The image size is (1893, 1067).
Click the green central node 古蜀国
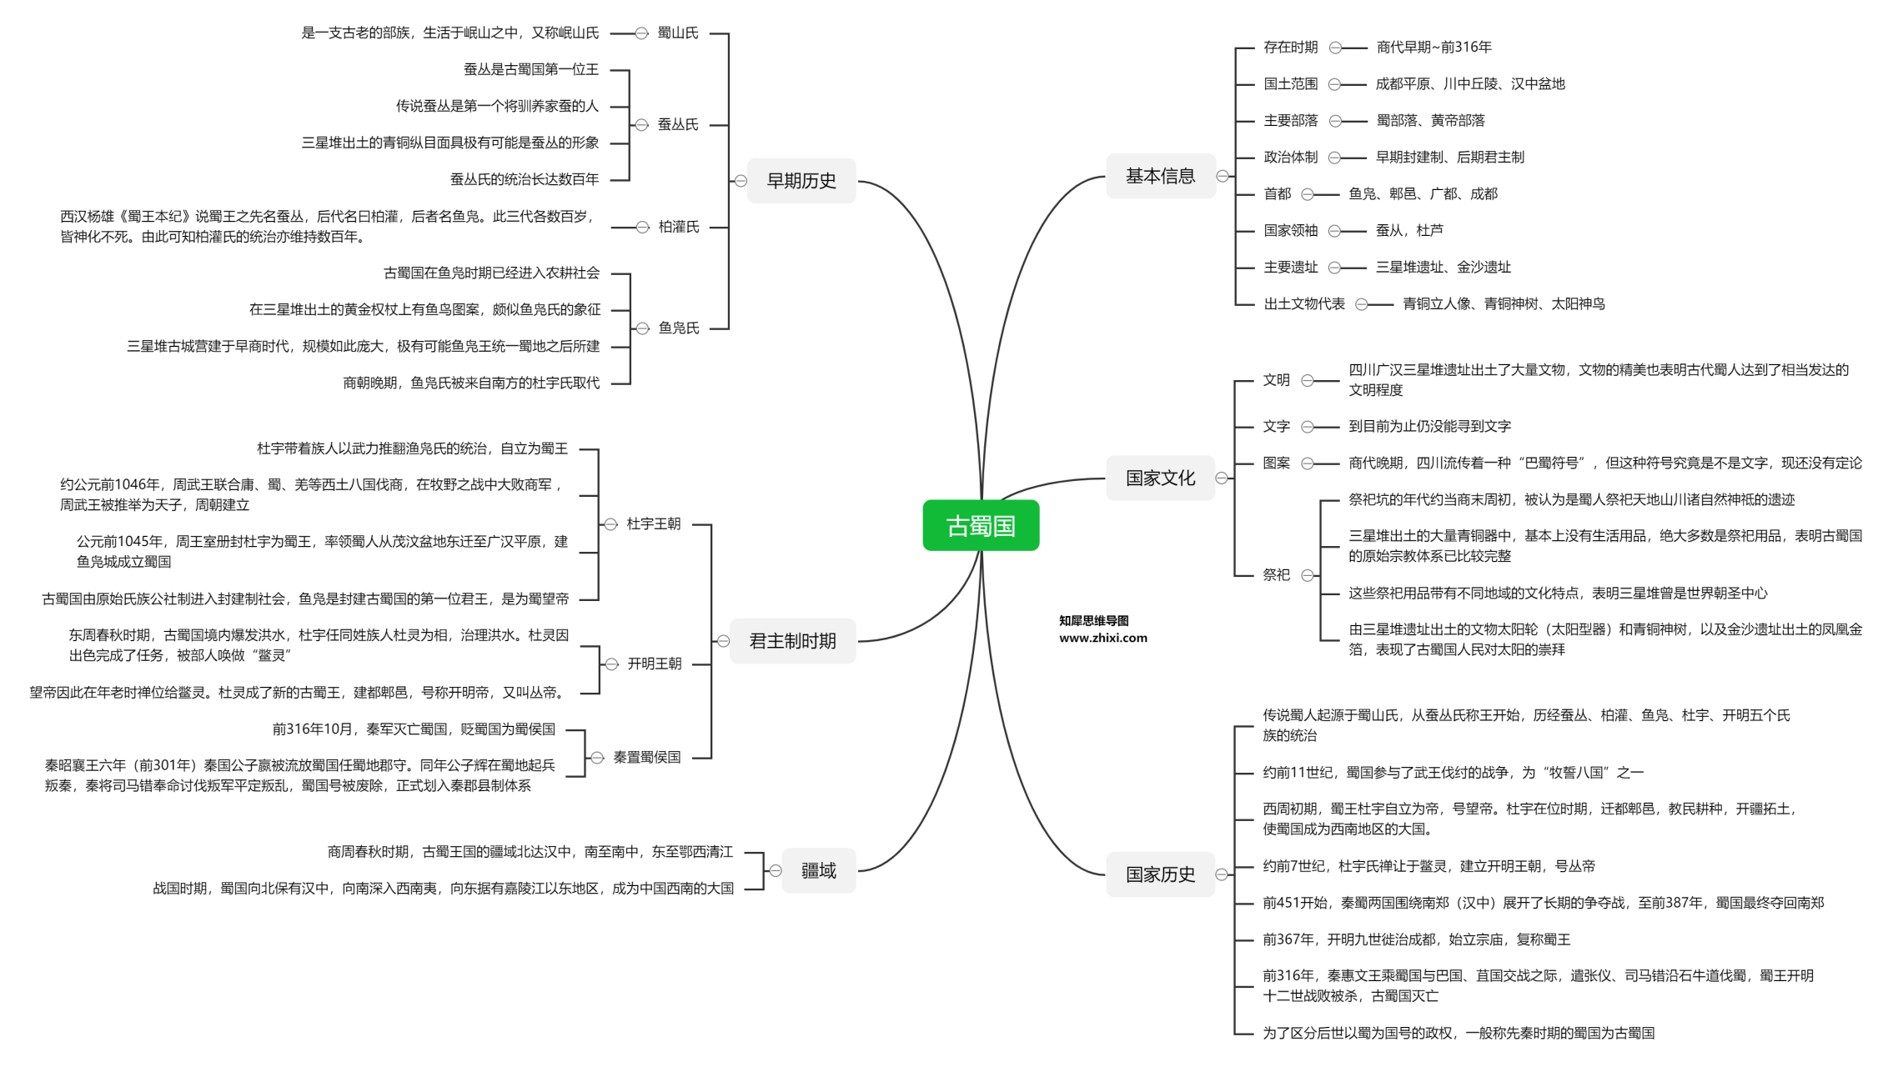click(x=981, y=525)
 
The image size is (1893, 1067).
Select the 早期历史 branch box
click(x=801, y=181)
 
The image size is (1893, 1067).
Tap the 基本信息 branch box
click(x=1160, y=176)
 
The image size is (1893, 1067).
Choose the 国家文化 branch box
click(x=1160, y=478)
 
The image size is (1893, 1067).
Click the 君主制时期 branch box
click(x=792, y=641)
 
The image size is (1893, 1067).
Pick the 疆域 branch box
click(x=818, y=871)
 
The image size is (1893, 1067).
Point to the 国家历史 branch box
click(x=1160, y=874)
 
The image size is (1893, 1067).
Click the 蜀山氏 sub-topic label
click(x=677, y=33)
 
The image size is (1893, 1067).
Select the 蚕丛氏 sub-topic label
click(x=677, y=124)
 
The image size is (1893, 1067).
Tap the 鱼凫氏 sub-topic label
click(x=678, y=328)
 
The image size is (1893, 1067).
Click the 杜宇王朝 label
click(x=653, y=523)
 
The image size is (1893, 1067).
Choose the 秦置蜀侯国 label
click(x=646, y=757)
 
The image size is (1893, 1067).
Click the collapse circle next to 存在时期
click(x=1335, y=48)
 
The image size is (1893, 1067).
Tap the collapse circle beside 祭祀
click(x=1308, y=574)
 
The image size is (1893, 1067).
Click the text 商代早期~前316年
click(x=1434, y=48)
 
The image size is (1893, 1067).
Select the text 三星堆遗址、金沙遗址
click(x=1443, y=268)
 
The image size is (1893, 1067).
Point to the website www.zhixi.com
click(x=1102, y=638)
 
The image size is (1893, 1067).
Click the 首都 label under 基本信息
click(x=1277, y=194)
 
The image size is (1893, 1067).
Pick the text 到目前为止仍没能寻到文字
click(x=1429, y=426)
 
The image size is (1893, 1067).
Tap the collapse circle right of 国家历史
click(x=1222, y=874)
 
